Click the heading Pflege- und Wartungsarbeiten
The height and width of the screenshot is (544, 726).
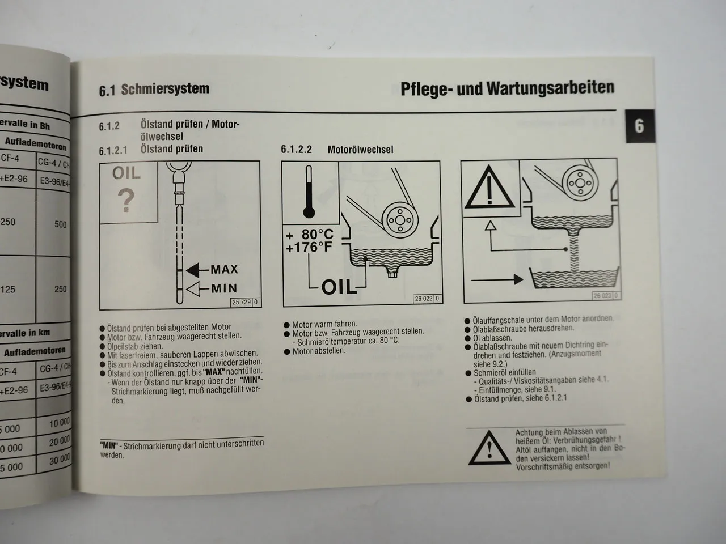coord(507,88)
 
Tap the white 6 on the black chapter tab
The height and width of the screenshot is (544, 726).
coord(639,125)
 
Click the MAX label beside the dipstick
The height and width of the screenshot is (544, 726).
coord(224,269)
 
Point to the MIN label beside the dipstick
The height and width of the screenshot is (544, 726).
coord(224,288)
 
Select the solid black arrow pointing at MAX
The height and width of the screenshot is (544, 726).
coord(196,269)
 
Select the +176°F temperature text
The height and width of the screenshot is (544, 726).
coord(310,248)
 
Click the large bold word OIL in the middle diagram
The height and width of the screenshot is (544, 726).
coord(339,287)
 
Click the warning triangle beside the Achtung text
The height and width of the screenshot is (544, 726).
coord(489,446)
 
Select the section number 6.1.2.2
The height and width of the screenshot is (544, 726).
coord(297,150)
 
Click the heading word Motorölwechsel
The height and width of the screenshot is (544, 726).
coord(360,150)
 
